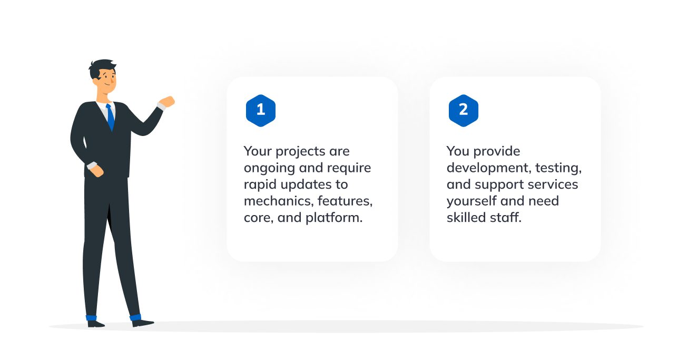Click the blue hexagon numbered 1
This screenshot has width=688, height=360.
(x=260, y=110)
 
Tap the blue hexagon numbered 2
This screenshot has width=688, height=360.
(x=463, y=110)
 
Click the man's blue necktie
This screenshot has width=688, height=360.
(x=110, y=117)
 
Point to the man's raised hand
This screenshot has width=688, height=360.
(x=167, y=102)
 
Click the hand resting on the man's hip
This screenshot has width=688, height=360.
(x=97, y=171)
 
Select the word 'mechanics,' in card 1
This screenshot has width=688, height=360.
(x=279, y=201)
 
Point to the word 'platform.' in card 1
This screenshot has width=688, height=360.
(x=334, y=218)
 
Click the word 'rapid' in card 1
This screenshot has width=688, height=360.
(x=260, y=185)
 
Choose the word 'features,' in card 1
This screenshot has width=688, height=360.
(x=345, y=201)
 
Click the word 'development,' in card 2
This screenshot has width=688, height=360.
(x=489, y=168)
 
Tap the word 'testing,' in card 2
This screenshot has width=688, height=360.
(x=558, y=168)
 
